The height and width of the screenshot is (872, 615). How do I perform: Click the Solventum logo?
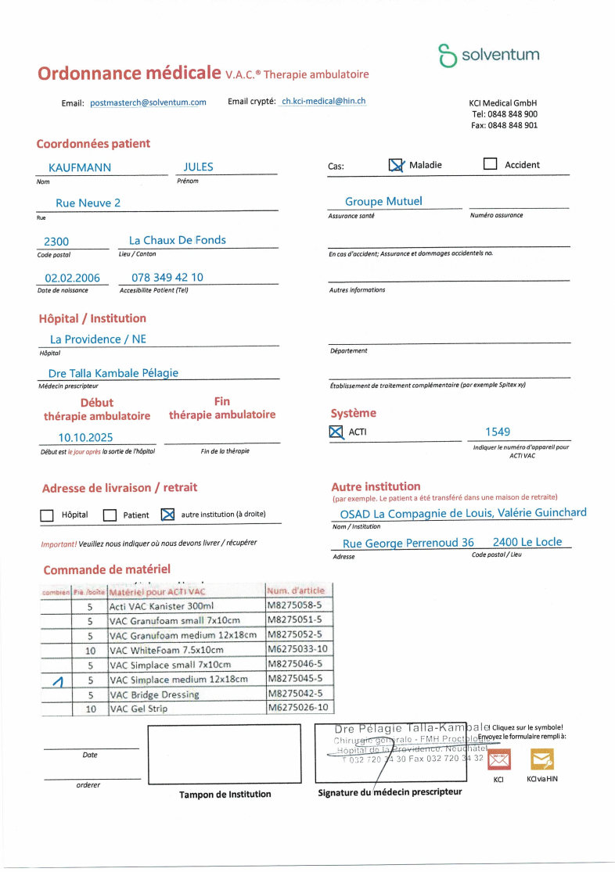click(x=488, y=56)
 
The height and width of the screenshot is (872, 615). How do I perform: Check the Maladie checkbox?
click(x=397, y=165)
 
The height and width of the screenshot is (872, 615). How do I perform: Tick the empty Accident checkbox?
click(x=491, y=164)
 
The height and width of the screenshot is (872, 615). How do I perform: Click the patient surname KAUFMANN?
click(x=80, y=167)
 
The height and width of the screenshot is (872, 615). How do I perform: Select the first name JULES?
click(x=198, y=167)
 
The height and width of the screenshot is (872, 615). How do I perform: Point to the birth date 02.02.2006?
click(x=72, y=278)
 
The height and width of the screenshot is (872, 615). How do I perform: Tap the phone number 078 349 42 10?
click(x=167, y=278)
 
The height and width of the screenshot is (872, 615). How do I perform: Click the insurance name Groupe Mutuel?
click(x=383, y=202)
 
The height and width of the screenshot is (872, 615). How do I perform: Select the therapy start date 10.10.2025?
click(x=85, y=437)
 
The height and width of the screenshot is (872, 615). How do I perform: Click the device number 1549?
click(x=498, y=431)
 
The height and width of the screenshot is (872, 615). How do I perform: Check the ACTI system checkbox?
click(x=336, y=432)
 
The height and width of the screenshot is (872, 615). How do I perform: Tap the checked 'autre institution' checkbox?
click(x=167, y=515)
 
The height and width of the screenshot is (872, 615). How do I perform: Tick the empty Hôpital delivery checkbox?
click(x=47, y=515)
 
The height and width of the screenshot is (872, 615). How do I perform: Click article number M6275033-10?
click(x=297, y=650)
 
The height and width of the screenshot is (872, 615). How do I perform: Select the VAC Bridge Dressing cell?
click(x=155, y=694)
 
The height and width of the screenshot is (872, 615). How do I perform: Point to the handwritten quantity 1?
click(x=56, y=682)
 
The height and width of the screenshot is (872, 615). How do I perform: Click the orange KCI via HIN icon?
click(x=541, y=758)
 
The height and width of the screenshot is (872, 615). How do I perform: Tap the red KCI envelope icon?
click(x=498, y=759)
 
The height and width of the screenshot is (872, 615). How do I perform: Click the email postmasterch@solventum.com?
click(x=148, y=102)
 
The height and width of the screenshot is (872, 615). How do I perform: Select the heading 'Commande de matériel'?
click(x=106, y=569)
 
